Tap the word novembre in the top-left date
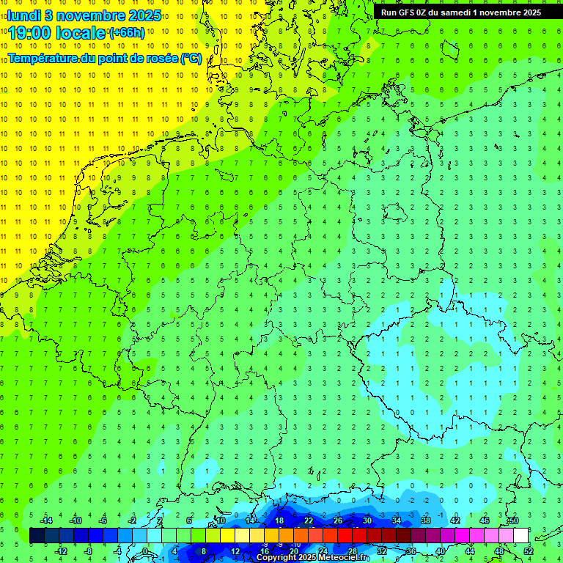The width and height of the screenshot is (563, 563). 94,15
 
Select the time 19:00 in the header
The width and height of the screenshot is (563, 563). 34,34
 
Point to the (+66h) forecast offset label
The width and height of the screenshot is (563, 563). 127,33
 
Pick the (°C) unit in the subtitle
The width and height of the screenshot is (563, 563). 192,58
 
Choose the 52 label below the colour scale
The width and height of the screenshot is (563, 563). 529,551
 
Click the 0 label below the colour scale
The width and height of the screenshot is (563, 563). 144,551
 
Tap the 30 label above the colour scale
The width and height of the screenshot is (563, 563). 367,520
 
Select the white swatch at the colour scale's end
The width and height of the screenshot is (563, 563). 521,536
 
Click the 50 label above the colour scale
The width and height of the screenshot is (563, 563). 513,520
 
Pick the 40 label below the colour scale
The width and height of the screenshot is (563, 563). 440,551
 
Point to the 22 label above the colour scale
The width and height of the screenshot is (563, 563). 308,520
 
